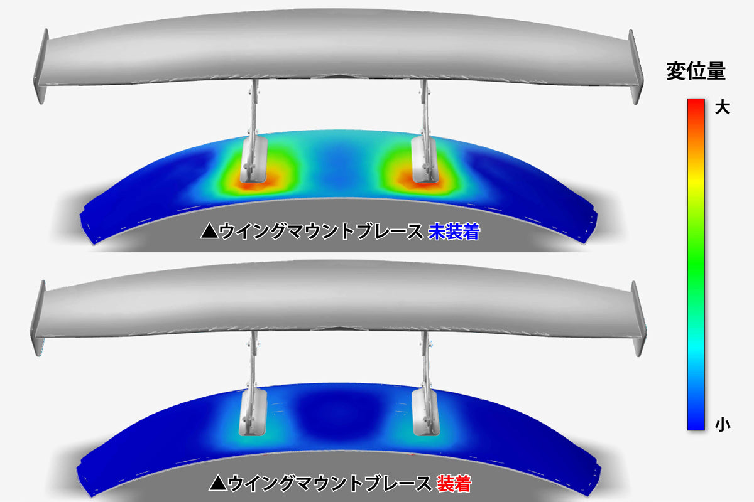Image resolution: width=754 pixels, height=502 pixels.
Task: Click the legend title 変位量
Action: point(696,71)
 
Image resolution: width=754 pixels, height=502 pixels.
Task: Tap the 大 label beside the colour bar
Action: point(723,108)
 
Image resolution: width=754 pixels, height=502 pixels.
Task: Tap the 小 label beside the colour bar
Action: point(723,424)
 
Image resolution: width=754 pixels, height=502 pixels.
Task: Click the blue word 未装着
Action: point(454,232)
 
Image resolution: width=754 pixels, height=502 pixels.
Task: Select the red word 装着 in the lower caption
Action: point(454,484)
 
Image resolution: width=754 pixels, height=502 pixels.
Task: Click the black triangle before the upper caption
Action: point(209,232)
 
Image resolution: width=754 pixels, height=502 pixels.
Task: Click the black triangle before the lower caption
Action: point(217,484)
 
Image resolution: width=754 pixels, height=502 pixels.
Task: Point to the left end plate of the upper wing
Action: point(41,67)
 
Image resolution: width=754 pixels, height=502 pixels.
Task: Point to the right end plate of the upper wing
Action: point(635,67)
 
